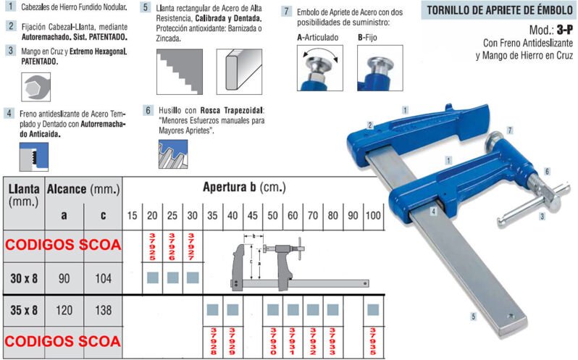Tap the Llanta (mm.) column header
[x=23, y=196]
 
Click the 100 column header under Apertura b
[x=373, y=217]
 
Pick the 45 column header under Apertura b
[x=253, y=217]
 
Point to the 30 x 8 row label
[x=23, y=277]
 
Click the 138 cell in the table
[x=104, y=310]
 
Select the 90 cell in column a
[x=64, y=277]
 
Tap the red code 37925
[x=152, y=247]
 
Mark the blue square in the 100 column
[x=372, y=310]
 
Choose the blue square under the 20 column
[x=152, y=277]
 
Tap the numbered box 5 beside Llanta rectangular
[x=146, y=9]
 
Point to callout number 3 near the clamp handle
[x=541, y=217]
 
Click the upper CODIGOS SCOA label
[x=64, y=246]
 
